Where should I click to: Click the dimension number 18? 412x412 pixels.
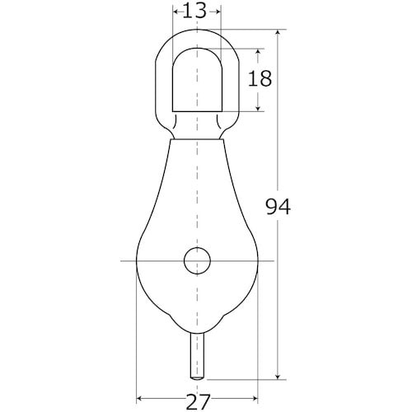point(260,78)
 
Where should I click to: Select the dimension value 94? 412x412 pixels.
point(278,207)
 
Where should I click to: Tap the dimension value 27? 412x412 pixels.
point(198,402)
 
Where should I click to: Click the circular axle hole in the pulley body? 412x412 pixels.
point(197,260)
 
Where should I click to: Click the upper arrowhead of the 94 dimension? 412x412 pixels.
point(279,33)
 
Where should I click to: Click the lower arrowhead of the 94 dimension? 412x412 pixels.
point(279,376)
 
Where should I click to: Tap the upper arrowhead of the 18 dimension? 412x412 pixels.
point(258,53)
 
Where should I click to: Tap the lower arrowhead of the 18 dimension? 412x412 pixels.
point(258,107)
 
